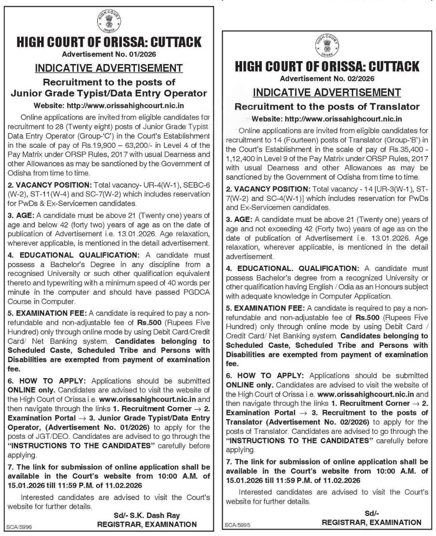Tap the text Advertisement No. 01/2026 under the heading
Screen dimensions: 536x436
pyautogui.click(x=109, y=54)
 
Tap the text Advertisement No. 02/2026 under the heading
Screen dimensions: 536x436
pyautogui.click(x=327, y=78)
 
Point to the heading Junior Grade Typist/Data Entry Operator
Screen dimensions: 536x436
pyautogui.click(x=109, y=93)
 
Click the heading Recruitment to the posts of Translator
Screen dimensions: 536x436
pyautogui.click(x=327, y=106)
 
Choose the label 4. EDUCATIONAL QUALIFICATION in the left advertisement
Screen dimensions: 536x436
pyautogui.click(x=73, y=255)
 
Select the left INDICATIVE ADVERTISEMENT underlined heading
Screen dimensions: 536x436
pyautogui.click(x=109, y=68)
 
